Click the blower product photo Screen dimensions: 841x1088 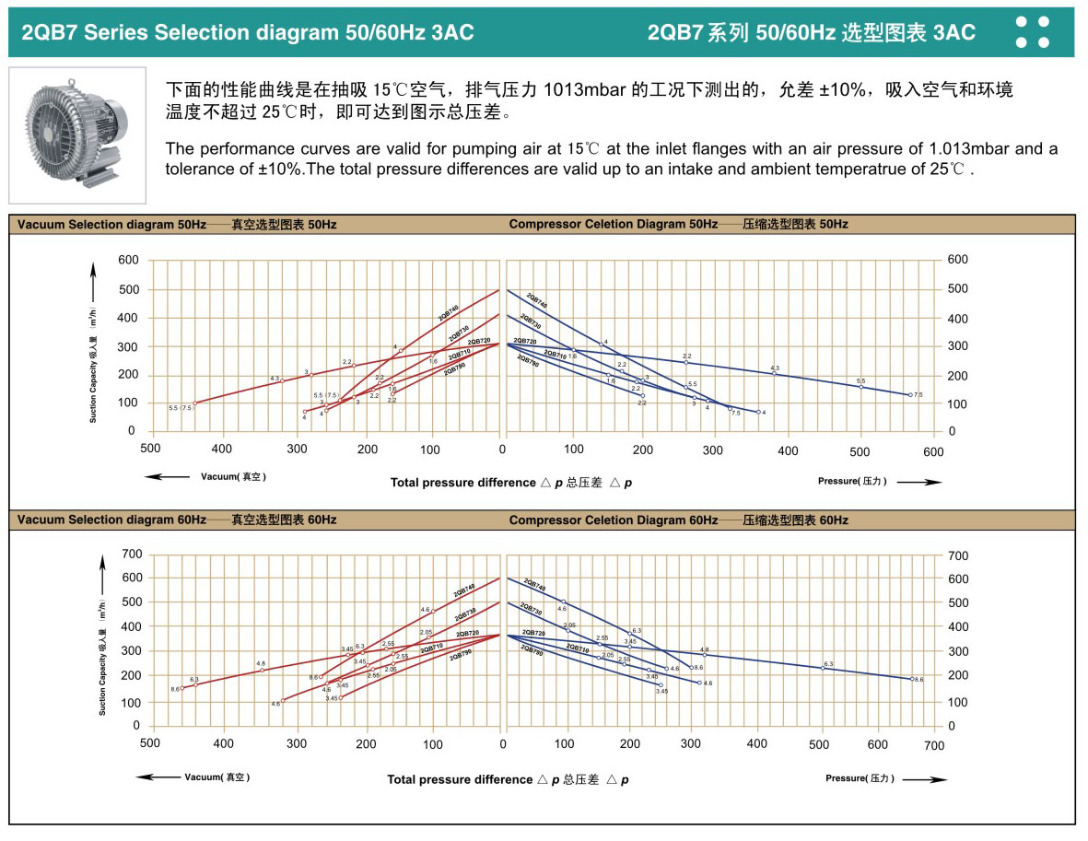point(77,134)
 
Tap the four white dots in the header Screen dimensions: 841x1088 point(1032,31)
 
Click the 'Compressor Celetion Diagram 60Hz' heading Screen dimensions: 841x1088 point(613,520)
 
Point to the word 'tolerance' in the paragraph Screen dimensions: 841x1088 point(195,169)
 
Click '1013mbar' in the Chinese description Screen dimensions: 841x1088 point(587,90)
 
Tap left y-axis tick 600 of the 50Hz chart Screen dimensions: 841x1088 point(127,261)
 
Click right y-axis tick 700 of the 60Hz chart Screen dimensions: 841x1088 point(958,555)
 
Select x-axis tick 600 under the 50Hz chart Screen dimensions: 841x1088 point(933,450)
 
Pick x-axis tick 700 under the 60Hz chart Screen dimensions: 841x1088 point(934,745)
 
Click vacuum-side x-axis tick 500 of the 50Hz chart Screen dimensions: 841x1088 point(150,450)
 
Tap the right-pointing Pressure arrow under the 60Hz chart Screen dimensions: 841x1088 point(925,779)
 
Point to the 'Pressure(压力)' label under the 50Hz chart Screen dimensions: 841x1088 point(852,481)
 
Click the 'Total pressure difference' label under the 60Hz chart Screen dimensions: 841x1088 point(460,779)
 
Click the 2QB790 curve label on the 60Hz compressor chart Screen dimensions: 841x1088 point(532,650)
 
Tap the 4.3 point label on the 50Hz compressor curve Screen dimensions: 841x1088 point(775,368)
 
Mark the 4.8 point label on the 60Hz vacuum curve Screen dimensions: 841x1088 point(261,663)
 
